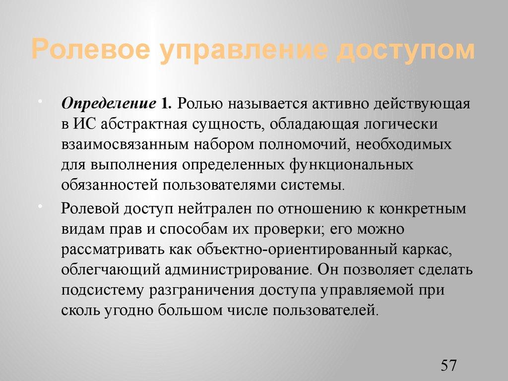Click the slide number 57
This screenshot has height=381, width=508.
[448, 366]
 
